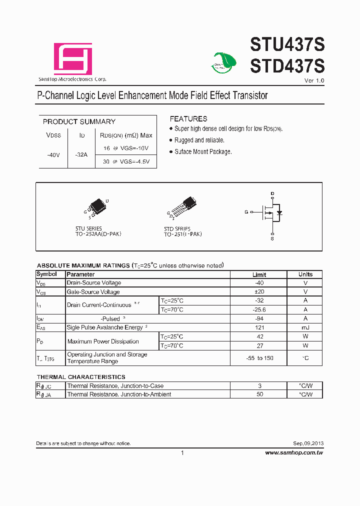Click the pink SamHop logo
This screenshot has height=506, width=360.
(x=73, y=59)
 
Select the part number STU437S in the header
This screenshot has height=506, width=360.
(x=287, y=45)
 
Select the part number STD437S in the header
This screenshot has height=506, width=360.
(x=287, y=66)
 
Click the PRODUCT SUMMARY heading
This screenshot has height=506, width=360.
(x=79, y=121)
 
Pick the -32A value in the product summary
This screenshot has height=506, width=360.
(x=81, y=154)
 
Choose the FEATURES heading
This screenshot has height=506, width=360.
(x=188, y=119)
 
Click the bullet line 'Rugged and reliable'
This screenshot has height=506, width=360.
(x=199, y=140)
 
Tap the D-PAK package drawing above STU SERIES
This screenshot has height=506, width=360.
(x=97, y=207)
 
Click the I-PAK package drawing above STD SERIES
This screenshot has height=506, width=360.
(x=183, y=207)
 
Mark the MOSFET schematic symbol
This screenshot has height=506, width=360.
(x=272, y=212)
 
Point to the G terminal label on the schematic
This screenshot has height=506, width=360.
(x=246, y=212)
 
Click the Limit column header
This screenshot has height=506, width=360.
(x=259, y=274)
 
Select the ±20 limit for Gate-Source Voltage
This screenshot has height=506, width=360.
(x=259, y=291)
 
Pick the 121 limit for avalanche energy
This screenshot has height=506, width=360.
(x=259, y=327)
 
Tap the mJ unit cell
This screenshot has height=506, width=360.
(x=305, y=327)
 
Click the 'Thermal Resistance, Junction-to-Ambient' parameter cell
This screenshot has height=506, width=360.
(x=119, y=394)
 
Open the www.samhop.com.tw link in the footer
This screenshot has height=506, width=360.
(x=294, y=452)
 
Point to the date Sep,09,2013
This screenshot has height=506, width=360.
(x=308, y=443)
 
